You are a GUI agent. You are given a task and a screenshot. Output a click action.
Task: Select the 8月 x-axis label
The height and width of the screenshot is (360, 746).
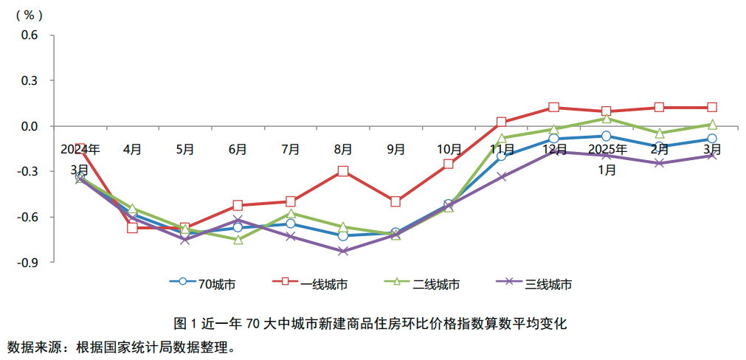(343, 149)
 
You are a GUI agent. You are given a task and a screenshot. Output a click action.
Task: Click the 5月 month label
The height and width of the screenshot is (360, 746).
(185, 149)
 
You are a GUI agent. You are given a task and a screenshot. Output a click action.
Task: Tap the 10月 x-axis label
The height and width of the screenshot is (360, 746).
(449, 149)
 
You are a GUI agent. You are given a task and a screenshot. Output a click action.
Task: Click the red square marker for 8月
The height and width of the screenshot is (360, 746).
(343, 171)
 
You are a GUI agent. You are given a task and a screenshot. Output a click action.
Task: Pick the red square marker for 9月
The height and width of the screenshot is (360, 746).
(396, 201)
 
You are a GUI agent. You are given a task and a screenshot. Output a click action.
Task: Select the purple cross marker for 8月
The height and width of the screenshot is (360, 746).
(343, 251)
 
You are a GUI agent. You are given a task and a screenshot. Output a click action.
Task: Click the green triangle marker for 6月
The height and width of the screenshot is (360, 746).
(238, 240)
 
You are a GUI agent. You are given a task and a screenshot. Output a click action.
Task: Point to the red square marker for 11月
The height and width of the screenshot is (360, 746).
(501, 122)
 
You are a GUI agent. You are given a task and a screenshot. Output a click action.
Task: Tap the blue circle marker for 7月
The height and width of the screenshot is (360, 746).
(291, 224)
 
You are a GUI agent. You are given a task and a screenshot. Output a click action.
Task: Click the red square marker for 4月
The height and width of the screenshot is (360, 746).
(133, 228)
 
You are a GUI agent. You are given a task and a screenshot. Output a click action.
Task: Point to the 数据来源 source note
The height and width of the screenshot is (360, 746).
(122, 347)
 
